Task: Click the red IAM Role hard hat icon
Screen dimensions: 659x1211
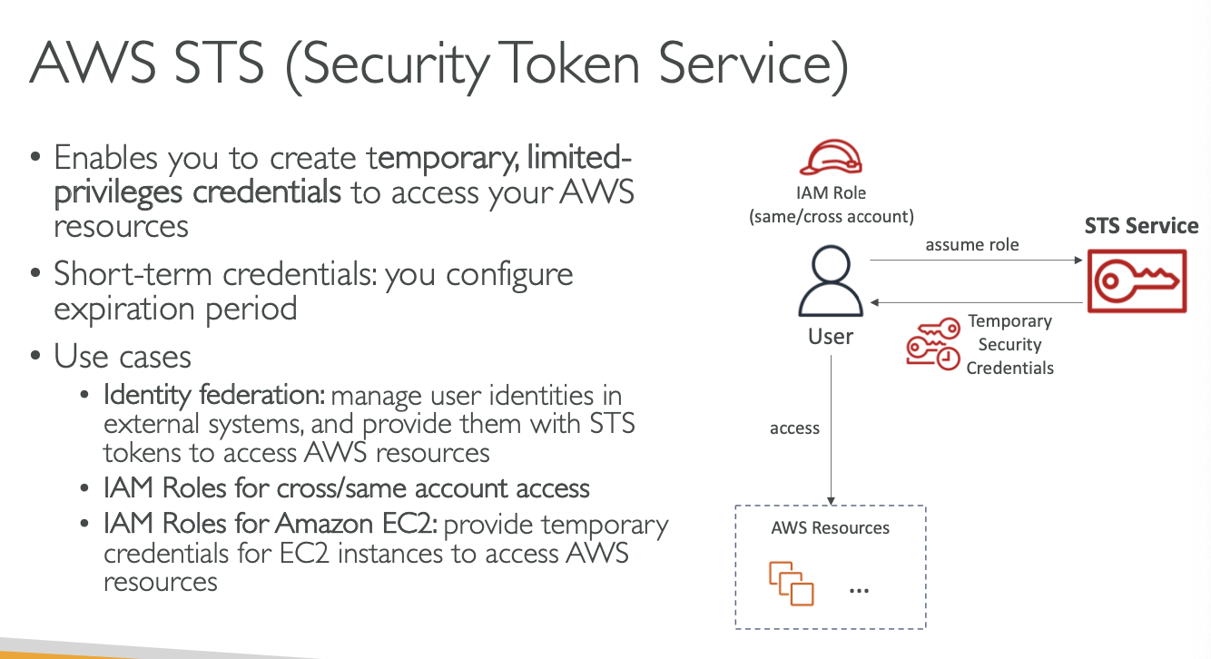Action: pos(831,157)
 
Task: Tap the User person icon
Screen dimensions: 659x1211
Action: pos(831,282)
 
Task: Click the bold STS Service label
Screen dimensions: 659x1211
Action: pos(1141,226)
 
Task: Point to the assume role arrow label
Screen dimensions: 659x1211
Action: pos(972,245)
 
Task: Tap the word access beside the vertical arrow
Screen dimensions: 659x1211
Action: pos(794,428)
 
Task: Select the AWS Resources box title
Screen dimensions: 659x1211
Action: pos(830,527)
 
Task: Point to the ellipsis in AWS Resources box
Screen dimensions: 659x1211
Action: pos(858,591)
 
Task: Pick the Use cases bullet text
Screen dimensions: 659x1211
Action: pos(123,355)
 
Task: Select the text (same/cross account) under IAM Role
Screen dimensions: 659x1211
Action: pos(830,216)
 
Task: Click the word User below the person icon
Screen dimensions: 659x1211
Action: pos(831,337)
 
